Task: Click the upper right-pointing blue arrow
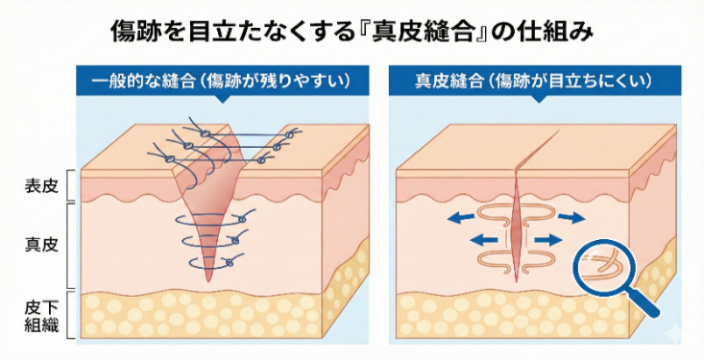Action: [x=570, y=218]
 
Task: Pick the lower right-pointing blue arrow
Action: [x=548, y=236]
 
